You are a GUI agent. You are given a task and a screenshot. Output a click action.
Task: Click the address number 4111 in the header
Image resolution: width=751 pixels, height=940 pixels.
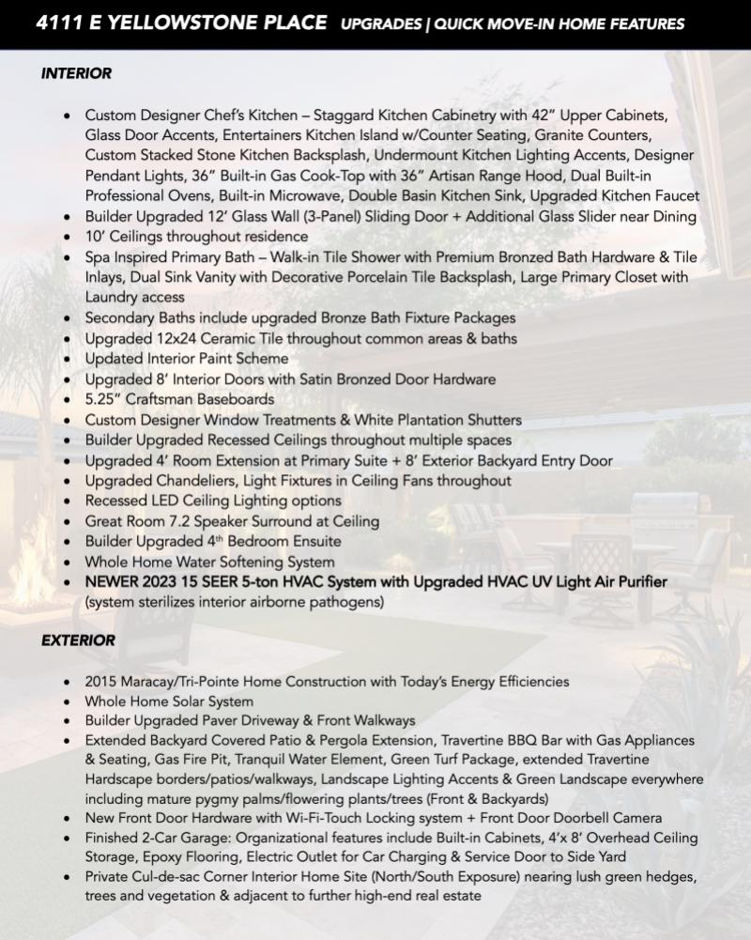pos(57,23)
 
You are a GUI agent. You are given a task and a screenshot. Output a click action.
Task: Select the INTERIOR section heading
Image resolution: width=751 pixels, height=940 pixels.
pos(76,72)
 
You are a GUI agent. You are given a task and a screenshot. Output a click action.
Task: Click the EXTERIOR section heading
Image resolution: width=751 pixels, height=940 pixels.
pos(78,640)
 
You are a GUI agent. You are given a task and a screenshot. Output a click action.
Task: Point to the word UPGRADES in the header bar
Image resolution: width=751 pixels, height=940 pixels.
pos(380,23)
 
